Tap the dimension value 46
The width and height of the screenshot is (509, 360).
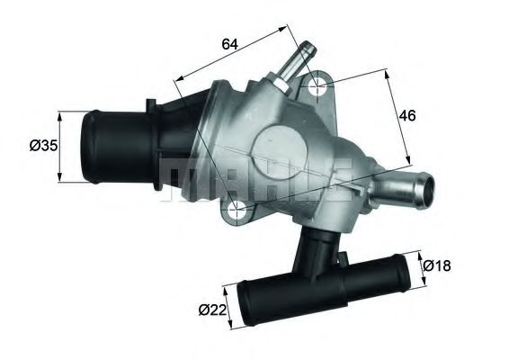pos(409,115)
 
